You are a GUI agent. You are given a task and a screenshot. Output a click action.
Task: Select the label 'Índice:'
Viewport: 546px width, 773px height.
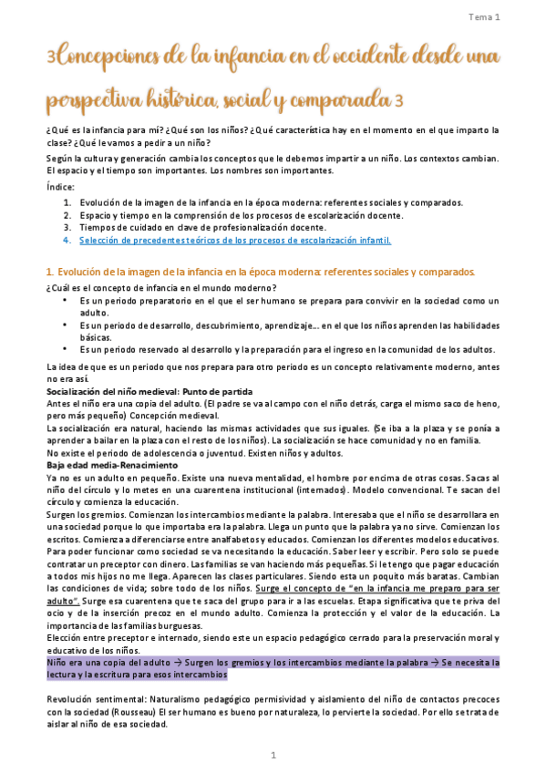(60, 186)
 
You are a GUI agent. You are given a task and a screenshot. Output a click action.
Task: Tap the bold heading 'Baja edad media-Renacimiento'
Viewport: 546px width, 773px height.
(111, 465)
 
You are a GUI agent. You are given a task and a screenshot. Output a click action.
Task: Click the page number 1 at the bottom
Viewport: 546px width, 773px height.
(273, 756)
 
